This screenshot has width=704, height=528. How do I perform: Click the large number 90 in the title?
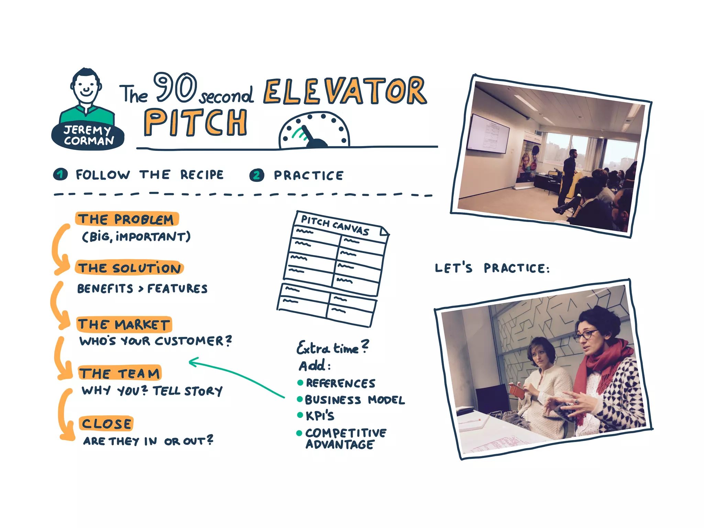175,87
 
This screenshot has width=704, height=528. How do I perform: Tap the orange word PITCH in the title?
195,123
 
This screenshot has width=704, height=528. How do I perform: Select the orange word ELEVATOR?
345,91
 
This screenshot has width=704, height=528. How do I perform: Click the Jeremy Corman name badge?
88,135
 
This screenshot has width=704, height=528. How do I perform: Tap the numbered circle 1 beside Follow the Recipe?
60,174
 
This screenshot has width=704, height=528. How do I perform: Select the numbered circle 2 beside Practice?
256,175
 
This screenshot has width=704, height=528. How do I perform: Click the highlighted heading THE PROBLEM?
126,219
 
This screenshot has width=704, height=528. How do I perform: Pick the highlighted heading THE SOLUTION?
129,268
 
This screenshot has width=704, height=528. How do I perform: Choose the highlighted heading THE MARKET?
124,324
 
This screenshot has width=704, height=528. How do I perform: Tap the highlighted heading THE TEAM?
120,373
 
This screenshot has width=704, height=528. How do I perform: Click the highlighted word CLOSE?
106,423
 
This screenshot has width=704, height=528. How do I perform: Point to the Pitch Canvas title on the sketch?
335,225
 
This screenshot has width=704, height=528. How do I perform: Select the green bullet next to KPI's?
300,415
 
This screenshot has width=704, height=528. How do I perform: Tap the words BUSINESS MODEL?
355,400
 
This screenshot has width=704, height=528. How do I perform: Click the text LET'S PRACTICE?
492,268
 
